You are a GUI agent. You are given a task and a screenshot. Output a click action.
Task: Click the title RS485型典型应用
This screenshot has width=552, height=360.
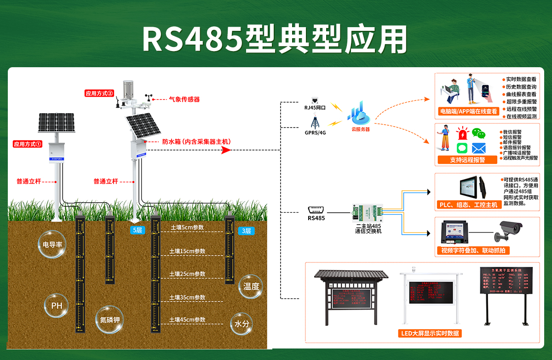(275, 38)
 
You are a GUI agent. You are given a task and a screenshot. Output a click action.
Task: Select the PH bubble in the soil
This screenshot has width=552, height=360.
(56, 306)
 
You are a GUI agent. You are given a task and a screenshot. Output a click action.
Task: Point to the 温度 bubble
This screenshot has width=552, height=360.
(251, 286)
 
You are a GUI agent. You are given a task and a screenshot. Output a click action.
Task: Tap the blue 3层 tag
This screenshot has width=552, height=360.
(246, 231)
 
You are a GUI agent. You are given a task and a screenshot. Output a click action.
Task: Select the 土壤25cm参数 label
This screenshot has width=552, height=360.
(187, 274)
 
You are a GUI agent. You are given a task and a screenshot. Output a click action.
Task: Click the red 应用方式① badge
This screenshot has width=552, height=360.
(28, 144)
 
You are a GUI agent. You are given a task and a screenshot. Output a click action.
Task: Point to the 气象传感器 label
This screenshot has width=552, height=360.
(184, 99)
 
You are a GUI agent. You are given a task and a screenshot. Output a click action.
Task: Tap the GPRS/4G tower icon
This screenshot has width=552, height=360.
(315, 122)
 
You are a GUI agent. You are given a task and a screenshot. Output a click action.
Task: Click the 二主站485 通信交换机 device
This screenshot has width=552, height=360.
(368, 212)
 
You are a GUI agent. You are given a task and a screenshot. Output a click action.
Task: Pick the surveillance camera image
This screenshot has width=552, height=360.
(509, 230)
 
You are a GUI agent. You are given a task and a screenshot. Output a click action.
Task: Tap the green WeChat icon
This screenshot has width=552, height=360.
(480, 134)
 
